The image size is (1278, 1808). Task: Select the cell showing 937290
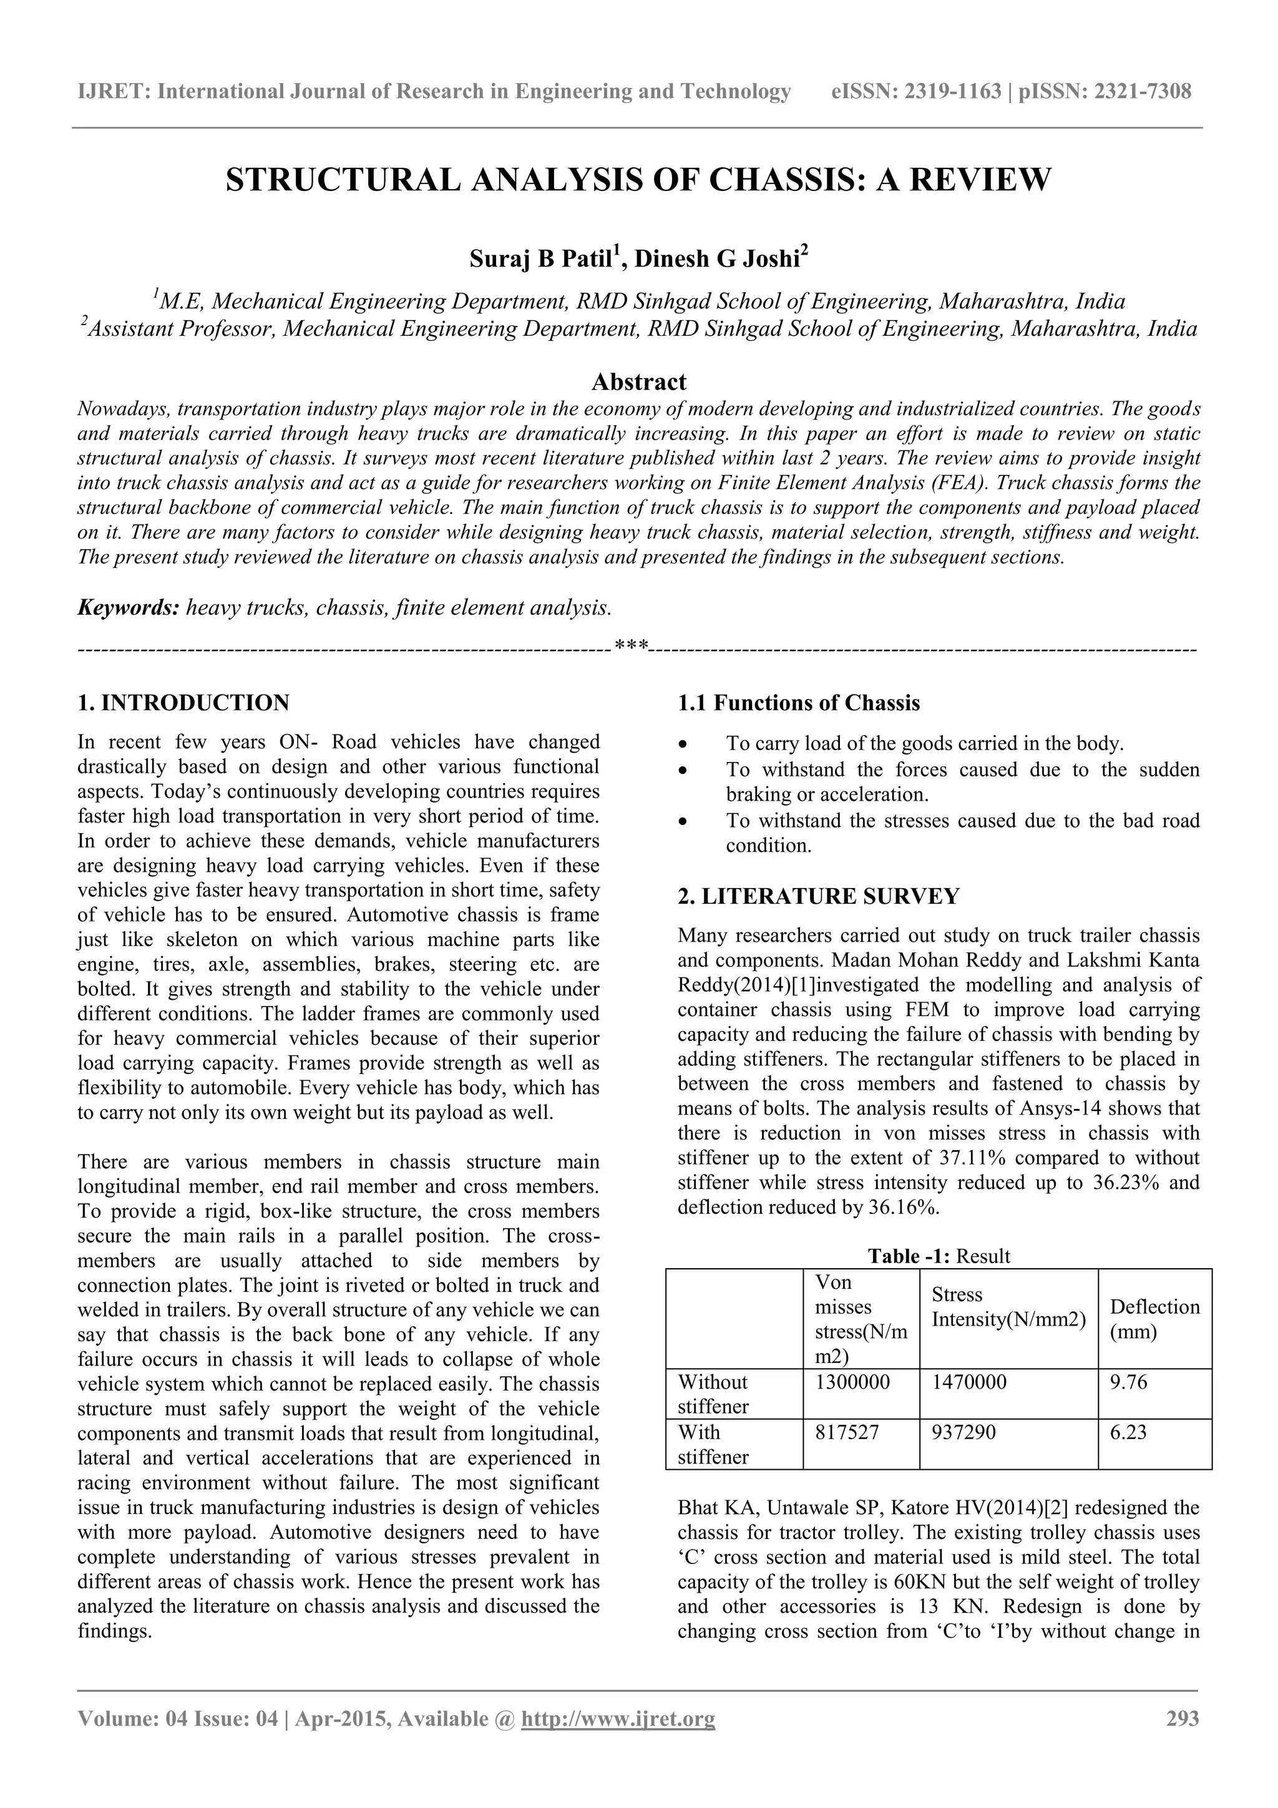[x=964, y=1432]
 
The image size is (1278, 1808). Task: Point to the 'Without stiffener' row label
[x=713, y=1394]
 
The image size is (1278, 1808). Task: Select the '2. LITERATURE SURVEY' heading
[x=819, y=896]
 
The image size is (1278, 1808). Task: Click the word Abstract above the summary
[x=638, y=382]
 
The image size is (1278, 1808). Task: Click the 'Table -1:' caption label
[x=904, y=1256]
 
